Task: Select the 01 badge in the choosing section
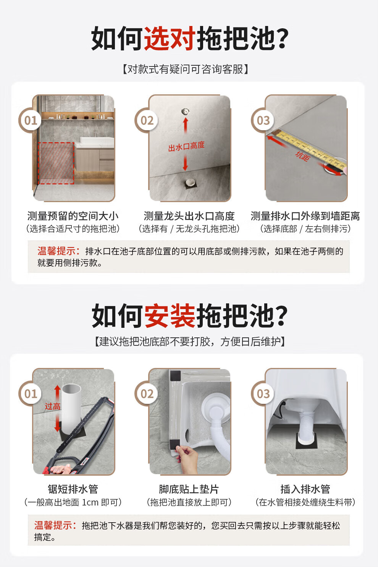[x=31, y=120]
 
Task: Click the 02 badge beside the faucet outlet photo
[x=147, y=120]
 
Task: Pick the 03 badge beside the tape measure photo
[x=263, y=120]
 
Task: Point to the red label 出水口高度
[x=186, y=146]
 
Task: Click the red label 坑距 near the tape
[x=302, y=156]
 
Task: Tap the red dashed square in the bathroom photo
[x=56, y=163]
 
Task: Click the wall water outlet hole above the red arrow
[x=186, y=111]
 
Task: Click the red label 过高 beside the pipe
[x=53, y=407]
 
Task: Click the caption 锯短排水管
[x=73, y=489]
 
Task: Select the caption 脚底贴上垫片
[x=189, y=489]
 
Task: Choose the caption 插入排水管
[x=305, y=489]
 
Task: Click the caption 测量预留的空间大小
[x=73, y=216]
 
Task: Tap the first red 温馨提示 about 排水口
[x=59, y=251]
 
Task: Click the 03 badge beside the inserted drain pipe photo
[x=263, y=394]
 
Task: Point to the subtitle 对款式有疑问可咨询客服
[x=186, y=69]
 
